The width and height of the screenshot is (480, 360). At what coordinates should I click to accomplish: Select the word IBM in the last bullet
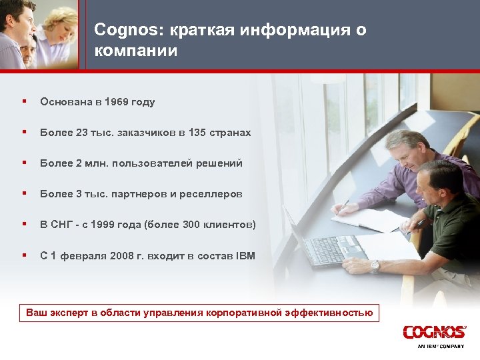click(245, 255)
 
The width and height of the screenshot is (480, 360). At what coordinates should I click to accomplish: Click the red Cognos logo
click(434, 332)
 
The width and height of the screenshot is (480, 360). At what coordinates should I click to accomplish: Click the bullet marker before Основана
click(23, 101)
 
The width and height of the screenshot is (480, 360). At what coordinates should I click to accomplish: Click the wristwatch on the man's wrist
click(375, 265)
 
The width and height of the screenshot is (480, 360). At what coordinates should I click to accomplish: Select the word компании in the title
click(136, 51)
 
